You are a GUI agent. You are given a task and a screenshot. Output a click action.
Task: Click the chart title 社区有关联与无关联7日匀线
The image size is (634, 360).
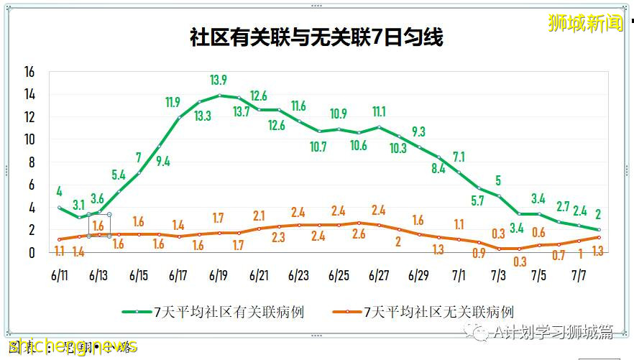(x=316, y=37)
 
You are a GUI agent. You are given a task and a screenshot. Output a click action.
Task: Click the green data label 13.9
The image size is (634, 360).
(x=219, y=80)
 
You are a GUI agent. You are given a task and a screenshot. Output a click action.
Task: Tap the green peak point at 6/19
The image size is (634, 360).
(x=219, y=95)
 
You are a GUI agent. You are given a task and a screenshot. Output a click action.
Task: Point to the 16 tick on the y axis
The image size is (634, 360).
(x=29, y=73)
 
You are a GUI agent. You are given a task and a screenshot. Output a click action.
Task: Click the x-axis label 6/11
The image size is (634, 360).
(x=60, y=275)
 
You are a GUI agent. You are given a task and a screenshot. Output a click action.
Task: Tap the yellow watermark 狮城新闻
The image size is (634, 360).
(x=586, y=23)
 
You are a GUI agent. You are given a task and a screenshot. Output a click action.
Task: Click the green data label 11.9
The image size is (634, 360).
(x=172, y=103)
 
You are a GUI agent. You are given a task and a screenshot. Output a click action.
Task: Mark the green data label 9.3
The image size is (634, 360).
(x=418, y=131)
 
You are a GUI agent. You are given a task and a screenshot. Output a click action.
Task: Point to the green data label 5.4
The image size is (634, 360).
(x=119, y=174)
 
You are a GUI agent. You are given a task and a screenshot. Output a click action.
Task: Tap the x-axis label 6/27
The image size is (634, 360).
(x=379, y=275)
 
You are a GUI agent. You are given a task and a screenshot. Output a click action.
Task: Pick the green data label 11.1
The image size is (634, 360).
(x=378, y=111)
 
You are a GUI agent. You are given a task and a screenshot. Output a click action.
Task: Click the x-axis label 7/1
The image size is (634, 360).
(x=459, y=275)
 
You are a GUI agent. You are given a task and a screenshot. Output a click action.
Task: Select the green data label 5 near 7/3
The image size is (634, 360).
(x=497, y=180)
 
